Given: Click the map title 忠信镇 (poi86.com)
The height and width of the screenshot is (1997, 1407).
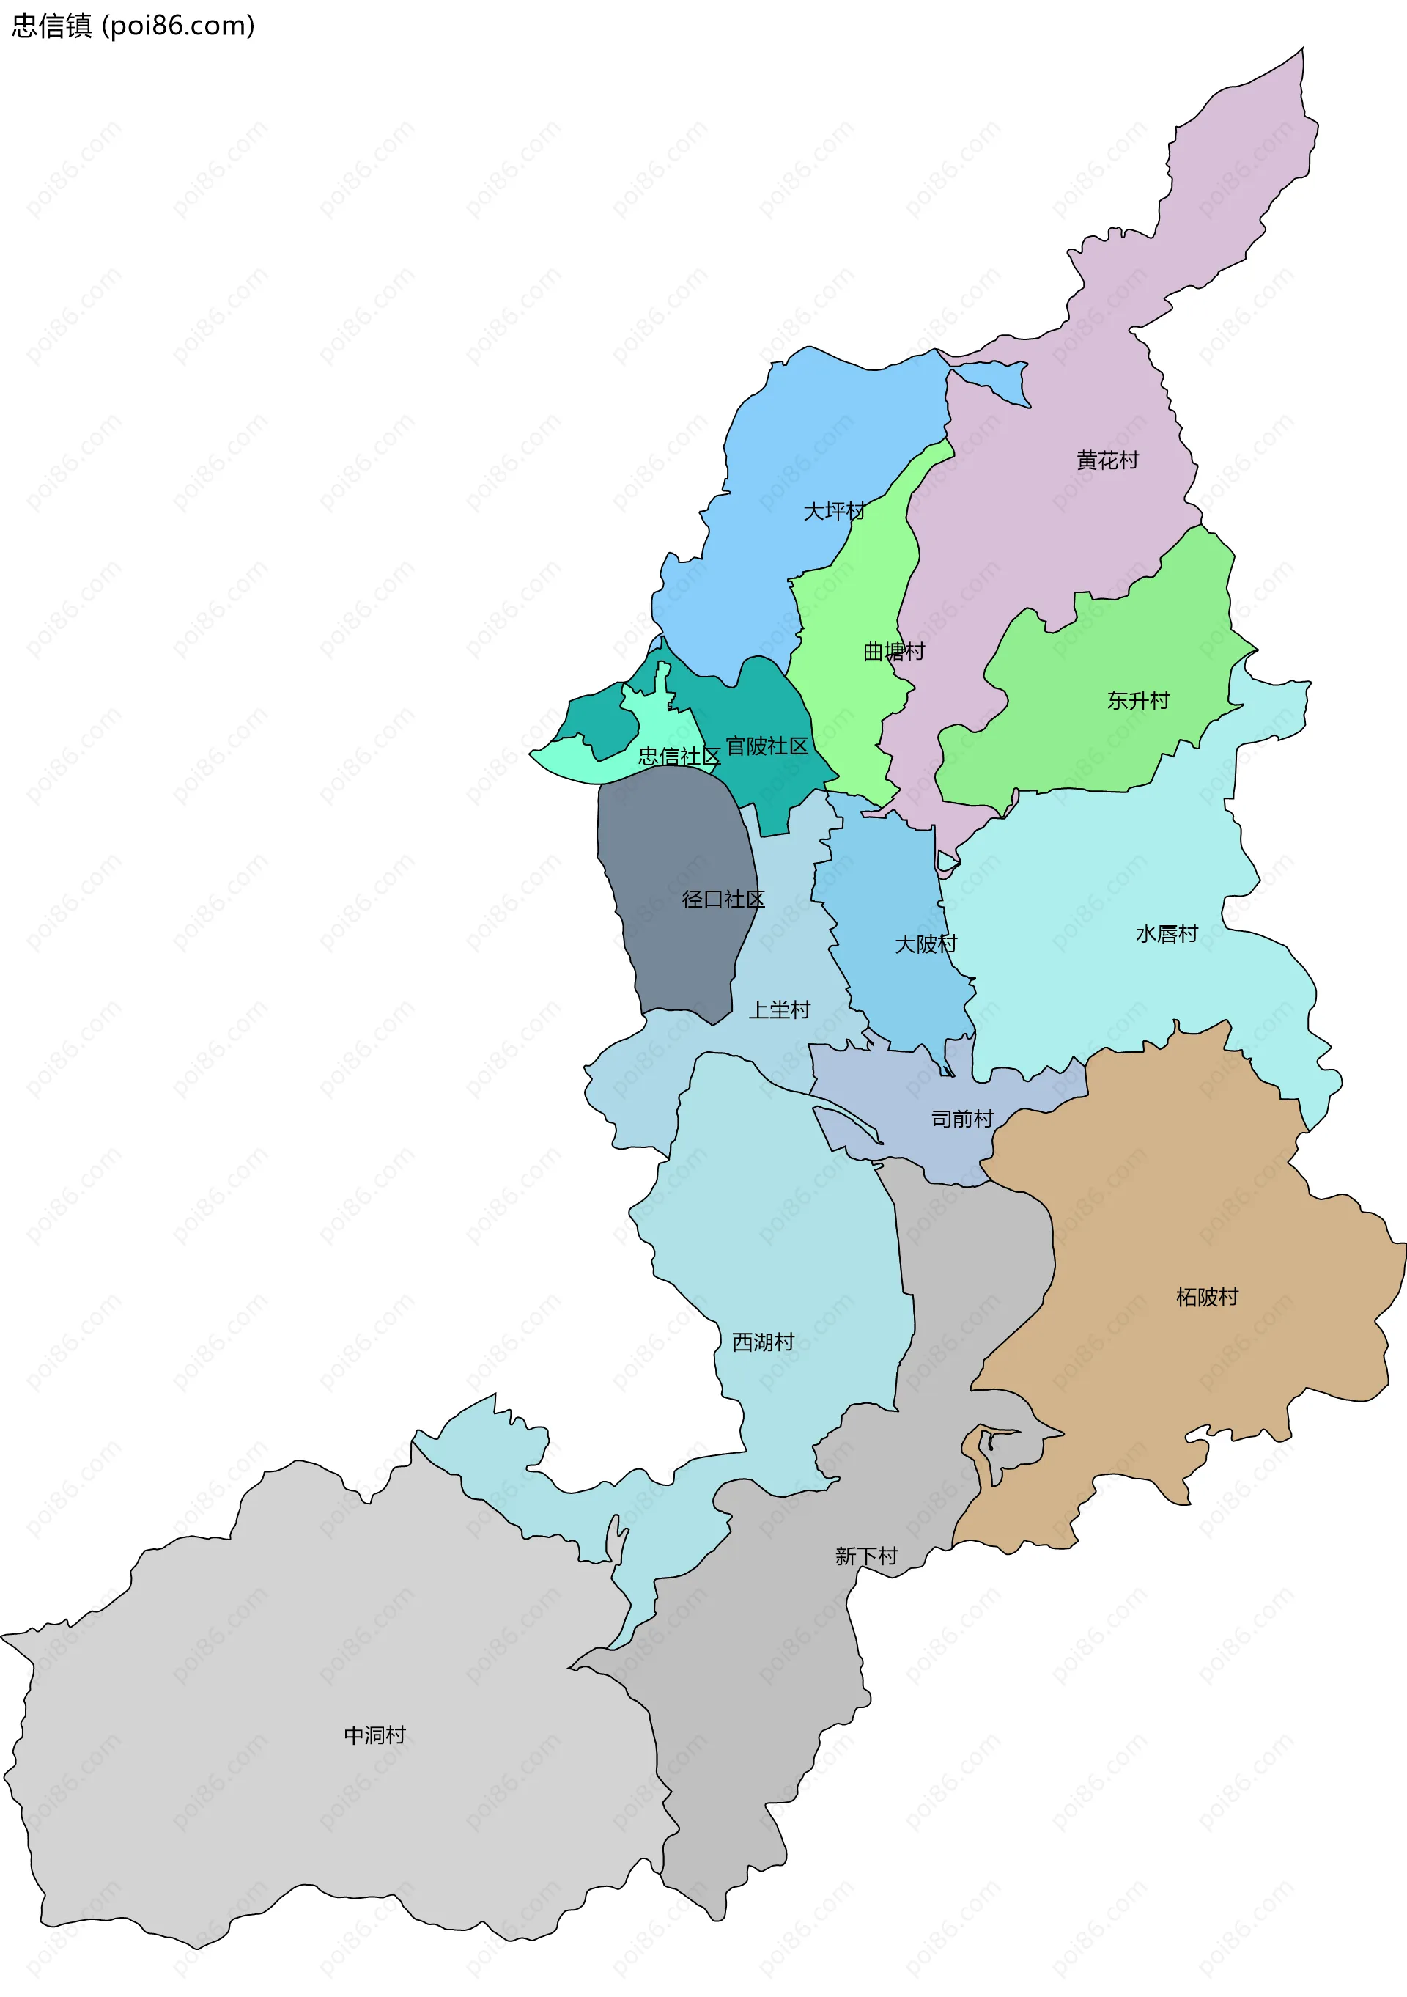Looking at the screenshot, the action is [133, 26].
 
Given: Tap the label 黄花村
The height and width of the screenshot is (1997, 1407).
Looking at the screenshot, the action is [1107, 460].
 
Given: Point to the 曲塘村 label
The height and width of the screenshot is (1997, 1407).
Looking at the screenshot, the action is [893, 652].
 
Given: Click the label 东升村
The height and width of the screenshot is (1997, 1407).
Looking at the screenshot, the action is [1138, 700].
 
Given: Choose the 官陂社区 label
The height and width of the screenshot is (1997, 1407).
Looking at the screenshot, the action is [767, 746].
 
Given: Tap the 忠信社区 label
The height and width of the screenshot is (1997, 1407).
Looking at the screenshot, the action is [679, 756].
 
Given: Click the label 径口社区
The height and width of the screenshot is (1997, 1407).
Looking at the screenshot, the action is [723, 900].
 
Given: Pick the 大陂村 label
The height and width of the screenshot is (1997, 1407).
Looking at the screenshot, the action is [926, 944].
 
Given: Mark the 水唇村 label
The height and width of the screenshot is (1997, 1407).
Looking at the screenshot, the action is [1167, 933].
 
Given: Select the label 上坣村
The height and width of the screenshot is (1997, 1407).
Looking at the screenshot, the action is [779, 1009].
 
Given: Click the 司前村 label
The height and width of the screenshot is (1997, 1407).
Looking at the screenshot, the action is [961, 1119].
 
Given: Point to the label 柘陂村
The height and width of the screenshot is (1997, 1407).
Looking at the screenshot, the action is [1207, 1297].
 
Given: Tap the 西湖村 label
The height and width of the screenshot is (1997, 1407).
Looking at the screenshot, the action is [763, 1342].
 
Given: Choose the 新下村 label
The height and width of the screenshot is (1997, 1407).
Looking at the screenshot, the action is [866, 1556].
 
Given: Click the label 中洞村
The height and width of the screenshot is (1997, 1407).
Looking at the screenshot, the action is [374, 1735].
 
